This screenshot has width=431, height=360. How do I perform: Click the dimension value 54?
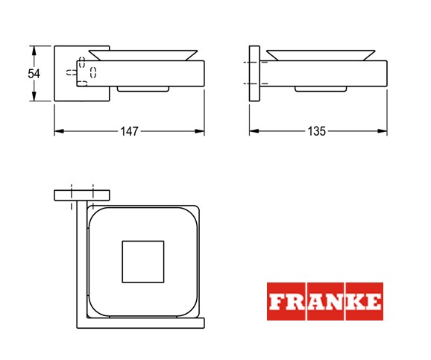34,74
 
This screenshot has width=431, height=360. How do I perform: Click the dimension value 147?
129,131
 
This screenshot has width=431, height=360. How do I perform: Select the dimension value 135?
316,131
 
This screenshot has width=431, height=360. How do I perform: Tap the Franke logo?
325,301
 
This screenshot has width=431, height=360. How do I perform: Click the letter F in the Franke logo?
277,301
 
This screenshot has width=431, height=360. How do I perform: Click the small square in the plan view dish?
143,262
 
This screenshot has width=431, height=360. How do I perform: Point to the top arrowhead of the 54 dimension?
34,51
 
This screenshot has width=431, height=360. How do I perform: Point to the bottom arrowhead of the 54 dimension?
34,96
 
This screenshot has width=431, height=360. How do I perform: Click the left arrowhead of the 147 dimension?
59,131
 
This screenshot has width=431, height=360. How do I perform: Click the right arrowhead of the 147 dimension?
200,131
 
